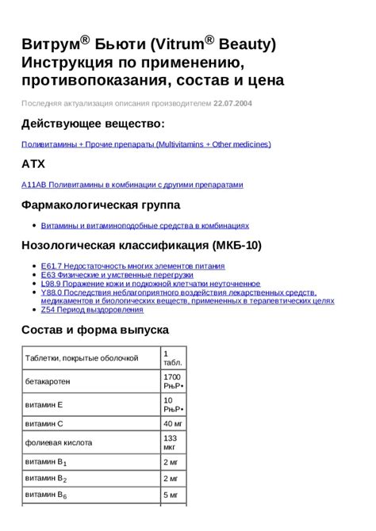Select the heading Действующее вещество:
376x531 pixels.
pos(94,124)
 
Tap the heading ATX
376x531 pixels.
pos(33,164)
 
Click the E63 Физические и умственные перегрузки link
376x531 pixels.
pos(117,274)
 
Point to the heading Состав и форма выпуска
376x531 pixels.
pos(106,330)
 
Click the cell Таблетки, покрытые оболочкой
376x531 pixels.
pos(82,358)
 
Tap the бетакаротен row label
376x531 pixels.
pos(52,381)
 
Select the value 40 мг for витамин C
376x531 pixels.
pos(173,423)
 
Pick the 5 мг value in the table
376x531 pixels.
pos(171,496)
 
